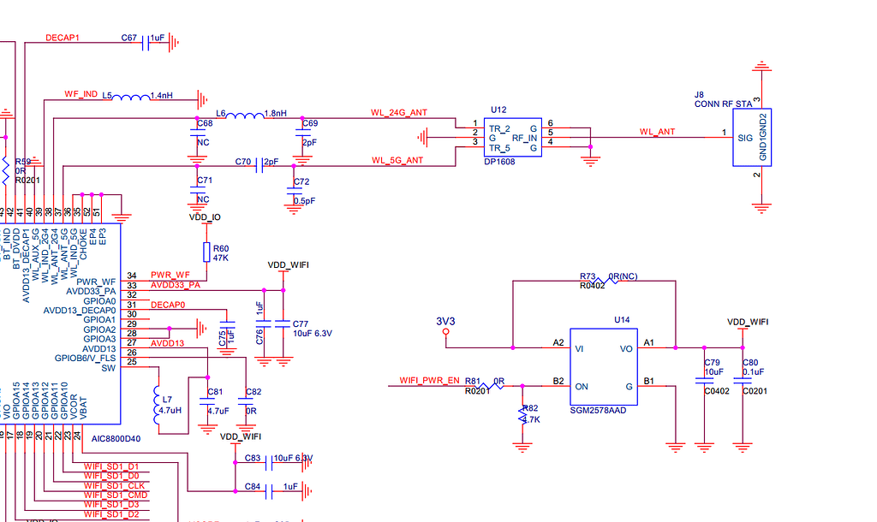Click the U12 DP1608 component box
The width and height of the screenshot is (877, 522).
coord(511,137)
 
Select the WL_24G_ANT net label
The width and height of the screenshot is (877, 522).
coord(398,112)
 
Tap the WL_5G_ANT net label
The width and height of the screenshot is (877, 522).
coord(397,160)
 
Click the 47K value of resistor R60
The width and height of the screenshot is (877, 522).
coord(221,257)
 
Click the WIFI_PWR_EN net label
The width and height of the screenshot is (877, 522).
coord(429,380)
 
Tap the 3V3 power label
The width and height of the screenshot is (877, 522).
coord(445,322)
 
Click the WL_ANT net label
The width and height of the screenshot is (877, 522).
coord(657,132)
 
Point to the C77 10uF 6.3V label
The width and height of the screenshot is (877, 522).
coord(312,329)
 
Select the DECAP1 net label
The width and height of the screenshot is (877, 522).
coord(63,38)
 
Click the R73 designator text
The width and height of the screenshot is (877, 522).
coord(588,276)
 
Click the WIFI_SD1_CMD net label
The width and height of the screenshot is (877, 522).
coord(116,495)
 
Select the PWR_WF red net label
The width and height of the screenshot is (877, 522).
coord(170,275)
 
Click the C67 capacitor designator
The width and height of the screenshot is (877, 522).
coord(129,39)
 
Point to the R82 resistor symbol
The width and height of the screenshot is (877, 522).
coord(522,416)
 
